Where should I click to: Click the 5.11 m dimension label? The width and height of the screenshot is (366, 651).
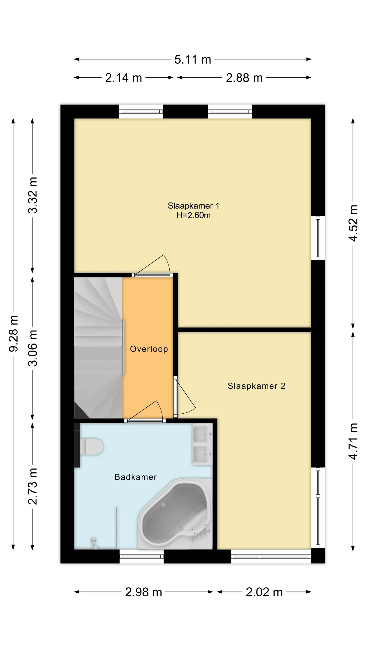(193, 60)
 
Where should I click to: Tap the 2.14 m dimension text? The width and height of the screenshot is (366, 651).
(124, 78)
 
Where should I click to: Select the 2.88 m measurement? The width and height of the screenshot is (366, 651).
(244, 78)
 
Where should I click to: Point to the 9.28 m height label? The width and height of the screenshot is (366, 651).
(14, 333)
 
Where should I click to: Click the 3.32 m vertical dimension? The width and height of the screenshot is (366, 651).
(33, 195)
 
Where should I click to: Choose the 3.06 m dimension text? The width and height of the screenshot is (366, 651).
(33, 348)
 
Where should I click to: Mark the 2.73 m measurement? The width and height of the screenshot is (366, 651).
(33, 486)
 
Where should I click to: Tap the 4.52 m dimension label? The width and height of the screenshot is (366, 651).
(353, 223)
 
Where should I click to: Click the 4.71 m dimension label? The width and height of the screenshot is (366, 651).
(353, 441)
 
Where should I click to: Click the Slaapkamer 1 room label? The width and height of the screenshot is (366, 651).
(193, 206)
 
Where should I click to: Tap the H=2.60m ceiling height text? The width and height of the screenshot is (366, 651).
(193, 215)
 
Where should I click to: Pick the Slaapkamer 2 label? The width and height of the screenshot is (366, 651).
(256, 386)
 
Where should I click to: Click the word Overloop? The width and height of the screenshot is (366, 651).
(149, 349)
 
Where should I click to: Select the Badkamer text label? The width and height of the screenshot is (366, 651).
(136, 477)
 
